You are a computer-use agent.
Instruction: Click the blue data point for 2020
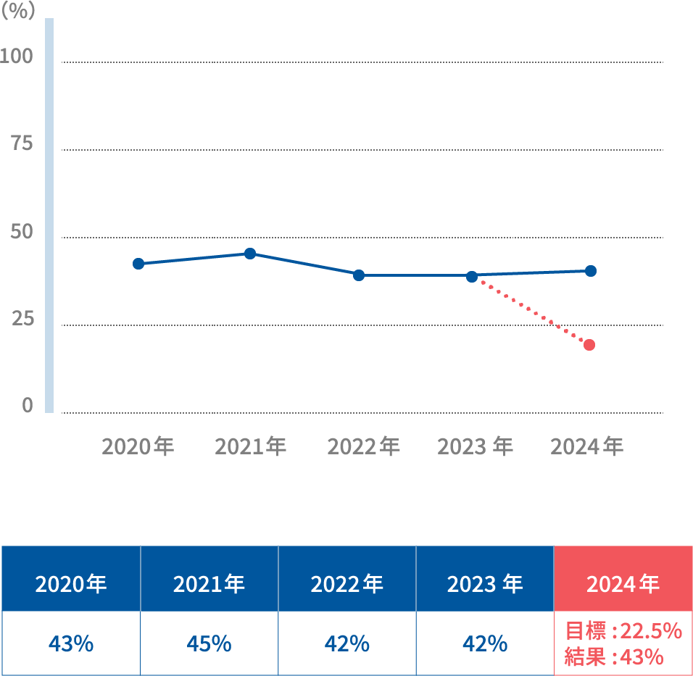138,264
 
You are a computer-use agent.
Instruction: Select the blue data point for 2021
250,254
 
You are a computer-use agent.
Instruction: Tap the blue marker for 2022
359,275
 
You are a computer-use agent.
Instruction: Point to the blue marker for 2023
472,277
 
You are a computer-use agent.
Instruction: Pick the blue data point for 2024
591,271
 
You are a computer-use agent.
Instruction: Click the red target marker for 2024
589,345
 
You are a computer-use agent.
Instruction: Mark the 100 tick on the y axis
17,57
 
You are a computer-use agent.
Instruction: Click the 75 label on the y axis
22,144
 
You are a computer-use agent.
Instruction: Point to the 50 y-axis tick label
22,233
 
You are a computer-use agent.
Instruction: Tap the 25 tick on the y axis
22,319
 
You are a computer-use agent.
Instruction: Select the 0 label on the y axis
28,405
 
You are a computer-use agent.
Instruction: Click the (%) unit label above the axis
18,12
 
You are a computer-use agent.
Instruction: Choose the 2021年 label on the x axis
251,446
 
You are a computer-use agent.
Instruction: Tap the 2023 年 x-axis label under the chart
475,446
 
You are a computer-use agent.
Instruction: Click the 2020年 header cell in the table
71,584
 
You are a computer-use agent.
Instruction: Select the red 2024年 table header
623,584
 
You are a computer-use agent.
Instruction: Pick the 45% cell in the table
209,643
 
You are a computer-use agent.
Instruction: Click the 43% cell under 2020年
71,643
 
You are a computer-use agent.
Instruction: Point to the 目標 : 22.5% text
623,630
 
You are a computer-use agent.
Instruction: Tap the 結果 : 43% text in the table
613,657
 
